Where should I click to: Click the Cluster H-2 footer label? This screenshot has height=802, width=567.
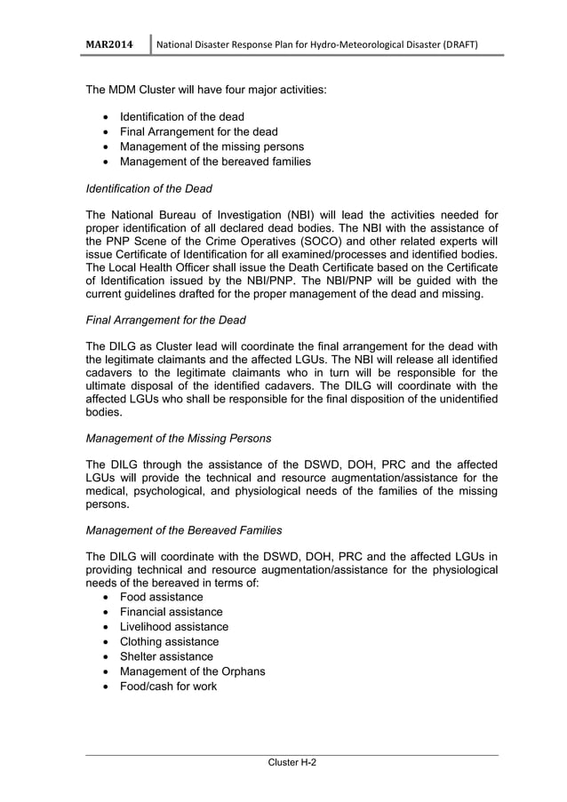click(x=291, y=763)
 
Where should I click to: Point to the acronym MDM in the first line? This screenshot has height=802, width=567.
click(x=127, y=91)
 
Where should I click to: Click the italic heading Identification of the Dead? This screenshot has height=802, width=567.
click(x=148, y=188)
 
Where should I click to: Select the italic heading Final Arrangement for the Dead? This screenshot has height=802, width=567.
click(x=165, y=320)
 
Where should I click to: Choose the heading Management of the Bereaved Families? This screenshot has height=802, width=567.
click(x=183, y=530)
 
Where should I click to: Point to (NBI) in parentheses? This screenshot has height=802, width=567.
click(x=299, y=214)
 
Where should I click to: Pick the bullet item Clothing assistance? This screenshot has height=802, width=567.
click(x=169, y=641)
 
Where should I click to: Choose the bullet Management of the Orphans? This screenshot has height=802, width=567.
click(x=192, y=671)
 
